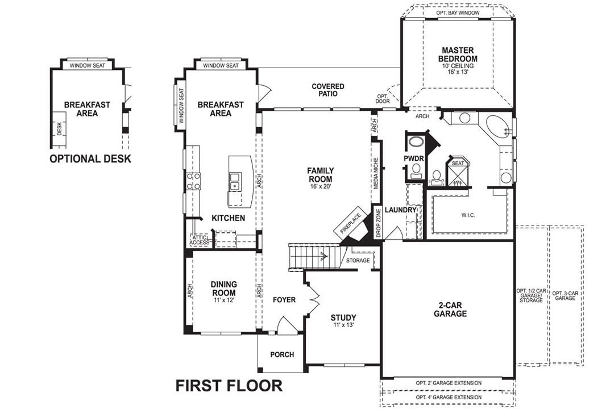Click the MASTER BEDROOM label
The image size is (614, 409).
click(x=458, y=55)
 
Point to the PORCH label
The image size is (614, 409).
click(x=282, y=354)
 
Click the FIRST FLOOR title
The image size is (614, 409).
click(x=229, y=386)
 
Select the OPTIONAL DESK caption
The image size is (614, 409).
click(x=90, y=158)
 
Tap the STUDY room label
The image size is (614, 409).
click(x=343, y=318)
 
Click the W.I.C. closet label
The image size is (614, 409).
click(x=468, y=215)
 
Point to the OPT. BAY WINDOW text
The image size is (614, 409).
click(x=458, y=12)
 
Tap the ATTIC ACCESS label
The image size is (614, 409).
click(x=199, y=240)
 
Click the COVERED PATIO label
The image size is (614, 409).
click(x=328, y=90)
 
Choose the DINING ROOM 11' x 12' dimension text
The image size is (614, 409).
click(x=223, y=299)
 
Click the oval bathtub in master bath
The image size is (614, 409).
click(x=498, y=126)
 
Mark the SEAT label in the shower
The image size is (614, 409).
click(x=457, y=163)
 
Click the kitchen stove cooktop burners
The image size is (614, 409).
click(x=193, y=181)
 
